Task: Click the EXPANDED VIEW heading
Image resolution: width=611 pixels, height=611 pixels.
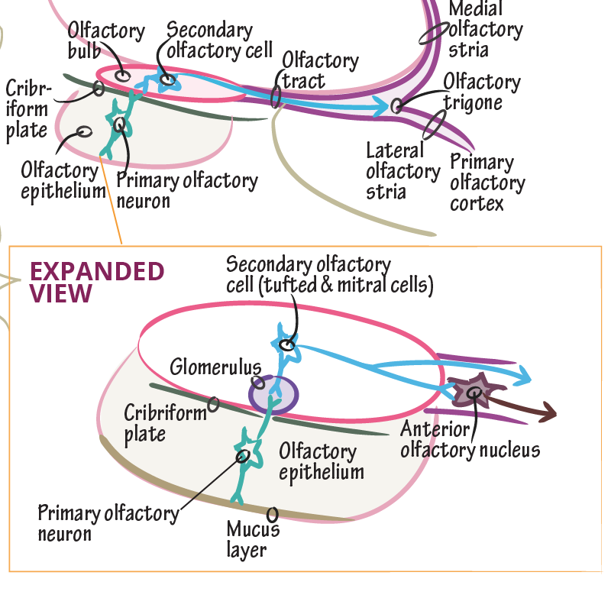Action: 96,282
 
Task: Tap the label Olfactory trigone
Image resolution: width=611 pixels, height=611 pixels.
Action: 482,92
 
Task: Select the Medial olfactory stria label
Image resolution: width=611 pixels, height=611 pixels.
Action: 485,31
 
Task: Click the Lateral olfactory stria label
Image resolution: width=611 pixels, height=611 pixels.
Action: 402,170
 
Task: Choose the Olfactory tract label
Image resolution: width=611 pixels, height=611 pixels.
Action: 319,70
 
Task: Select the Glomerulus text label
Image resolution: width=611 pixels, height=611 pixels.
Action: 216,366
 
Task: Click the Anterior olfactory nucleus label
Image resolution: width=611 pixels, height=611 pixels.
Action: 470,439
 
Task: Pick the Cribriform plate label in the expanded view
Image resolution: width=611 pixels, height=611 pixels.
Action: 165,423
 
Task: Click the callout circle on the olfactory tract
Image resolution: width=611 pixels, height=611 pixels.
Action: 276,96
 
